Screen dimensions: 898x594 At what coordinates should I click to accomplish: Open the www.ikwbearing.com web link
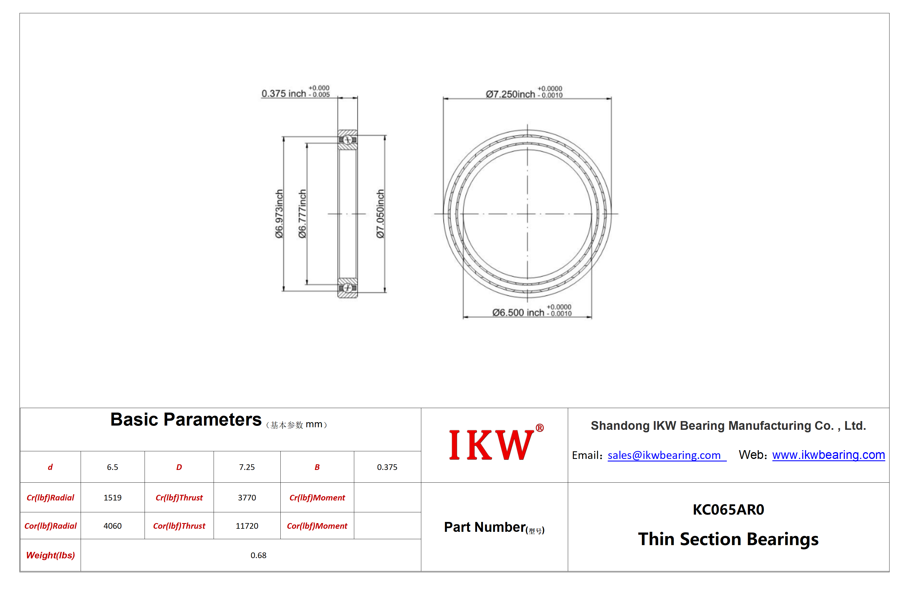[x=828, y=455]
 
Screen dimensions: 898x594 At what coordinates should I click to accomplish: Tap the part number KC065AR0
[x=728, y=510]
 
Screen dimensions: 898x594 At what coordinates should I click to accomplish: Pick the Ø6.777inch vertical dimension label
[x=302, y=214]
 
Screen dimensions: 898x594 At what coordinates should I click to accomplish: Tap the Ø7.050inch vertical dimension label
[x=380, y=214]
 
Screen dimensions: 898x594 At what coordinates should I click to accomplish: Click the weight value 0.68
[x=258, y=555]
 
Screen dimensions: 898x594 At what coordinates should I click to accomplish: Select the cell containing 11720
[x=247, y=526]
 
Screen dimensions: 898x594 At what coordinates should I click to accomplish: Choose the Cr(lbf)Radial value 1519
[x=113, y=497]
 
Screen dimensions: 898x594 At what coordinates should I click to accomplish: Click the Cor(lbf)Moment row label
[x=317, y=526]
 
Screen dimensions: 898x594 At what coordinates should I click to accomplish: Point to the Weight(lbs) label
[x=50, y=555]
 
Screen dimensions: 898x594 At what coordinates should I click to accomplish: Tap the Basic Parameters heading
[x=186, y=420]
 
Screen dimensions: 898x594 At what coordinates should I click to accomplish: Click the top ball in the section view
[x=347, y=140]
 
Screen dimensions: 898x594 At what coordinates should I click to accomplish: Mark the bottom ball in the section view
[x=347, y=288]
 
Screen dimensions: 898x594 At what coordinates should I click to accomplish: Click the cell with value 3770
[x=247, y=497]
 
